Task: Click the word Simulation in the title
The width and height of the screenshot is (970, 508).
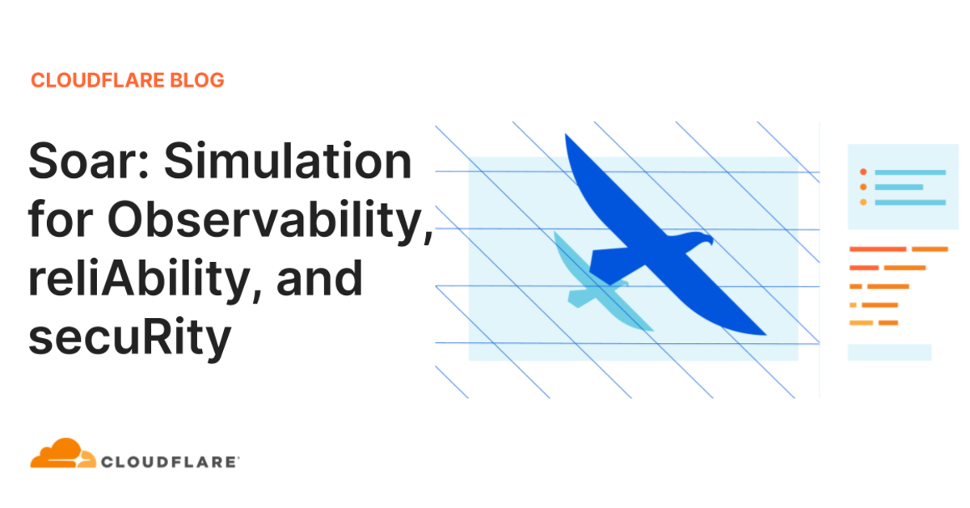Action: click(x=289, y=162)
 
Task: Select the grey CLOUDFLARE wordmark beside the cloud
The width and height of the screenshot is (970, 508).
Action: click(x=170, y=462)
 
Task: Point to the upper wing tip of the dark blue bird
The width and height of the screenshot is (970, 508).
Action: click(x=567, y=139)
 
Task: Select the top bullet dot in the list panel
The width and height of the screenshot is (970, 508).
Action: click(x=863, y=172)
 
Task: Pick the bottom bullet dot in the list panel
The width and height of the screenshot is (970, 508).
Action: click(x=863, y=201)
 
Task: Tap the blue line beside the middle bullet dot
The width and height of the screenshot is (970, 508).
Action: click(x=899, y=187)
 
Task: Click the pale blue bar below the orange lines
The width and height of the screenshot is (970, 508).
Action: click(x=889, y=352)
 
